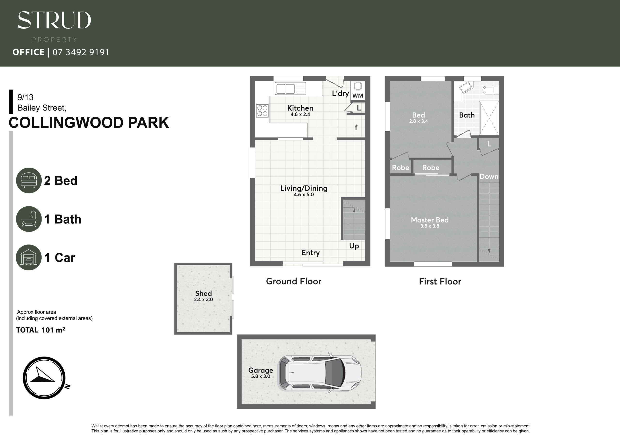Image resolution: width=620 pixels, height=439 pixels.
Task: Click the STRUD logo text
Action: click(x=54, y=20)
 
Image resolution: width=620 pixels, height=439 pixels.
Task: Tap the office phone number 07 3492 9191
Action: click(x=81, y=52)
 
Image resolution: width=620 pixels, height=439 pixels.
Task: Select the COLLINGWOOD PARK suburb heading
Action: click(x=89, y=122)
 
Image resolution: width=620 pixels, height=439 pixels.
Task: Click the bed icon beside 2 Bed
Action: click(x=29, y=180)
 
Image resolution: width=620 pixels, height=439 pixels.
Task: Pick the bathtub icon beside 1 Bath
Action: click(x=29, y=219)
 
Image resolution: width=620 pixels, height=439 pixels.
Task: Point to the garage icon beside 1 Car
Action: click(x=29, y=258)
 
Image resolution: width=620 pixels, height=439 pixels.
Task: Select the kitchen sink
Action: click(x=290, y=89)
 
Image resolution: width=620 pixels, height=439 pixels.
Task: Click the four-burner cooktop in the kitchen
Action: click(x=262, y=111)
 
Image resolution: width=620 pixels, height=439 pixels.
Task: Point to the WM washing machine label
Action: click(x=358, y=96)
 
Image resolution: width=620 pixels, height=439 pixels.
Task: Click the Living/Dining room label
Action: click(x=304, y=188)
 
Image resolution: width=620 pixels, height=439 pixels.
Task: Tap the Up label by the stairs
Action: click(x=354, y=246)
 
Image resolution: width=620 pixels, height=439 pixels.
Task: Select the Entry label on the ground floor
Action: click(x=310, y=253)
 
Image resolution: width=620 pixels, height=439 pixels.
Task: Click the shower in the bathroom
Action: click(x=489, y=118)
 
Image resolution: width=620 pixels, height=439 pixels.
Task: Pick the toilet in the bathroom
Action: click(x=490, y=90)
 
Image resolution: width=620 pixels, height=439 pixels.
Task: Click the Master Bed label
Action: click(x=430, y=220)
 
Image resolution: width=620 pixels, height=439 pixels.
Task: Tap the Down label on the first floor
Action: click(x=489, y=177)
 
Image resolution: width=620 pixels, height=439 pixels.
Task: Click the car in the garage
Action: click(x=320, y=373)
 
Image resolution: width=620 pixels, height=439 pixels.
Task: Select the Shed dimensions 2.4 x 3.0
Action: click(x=203, y=300)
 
